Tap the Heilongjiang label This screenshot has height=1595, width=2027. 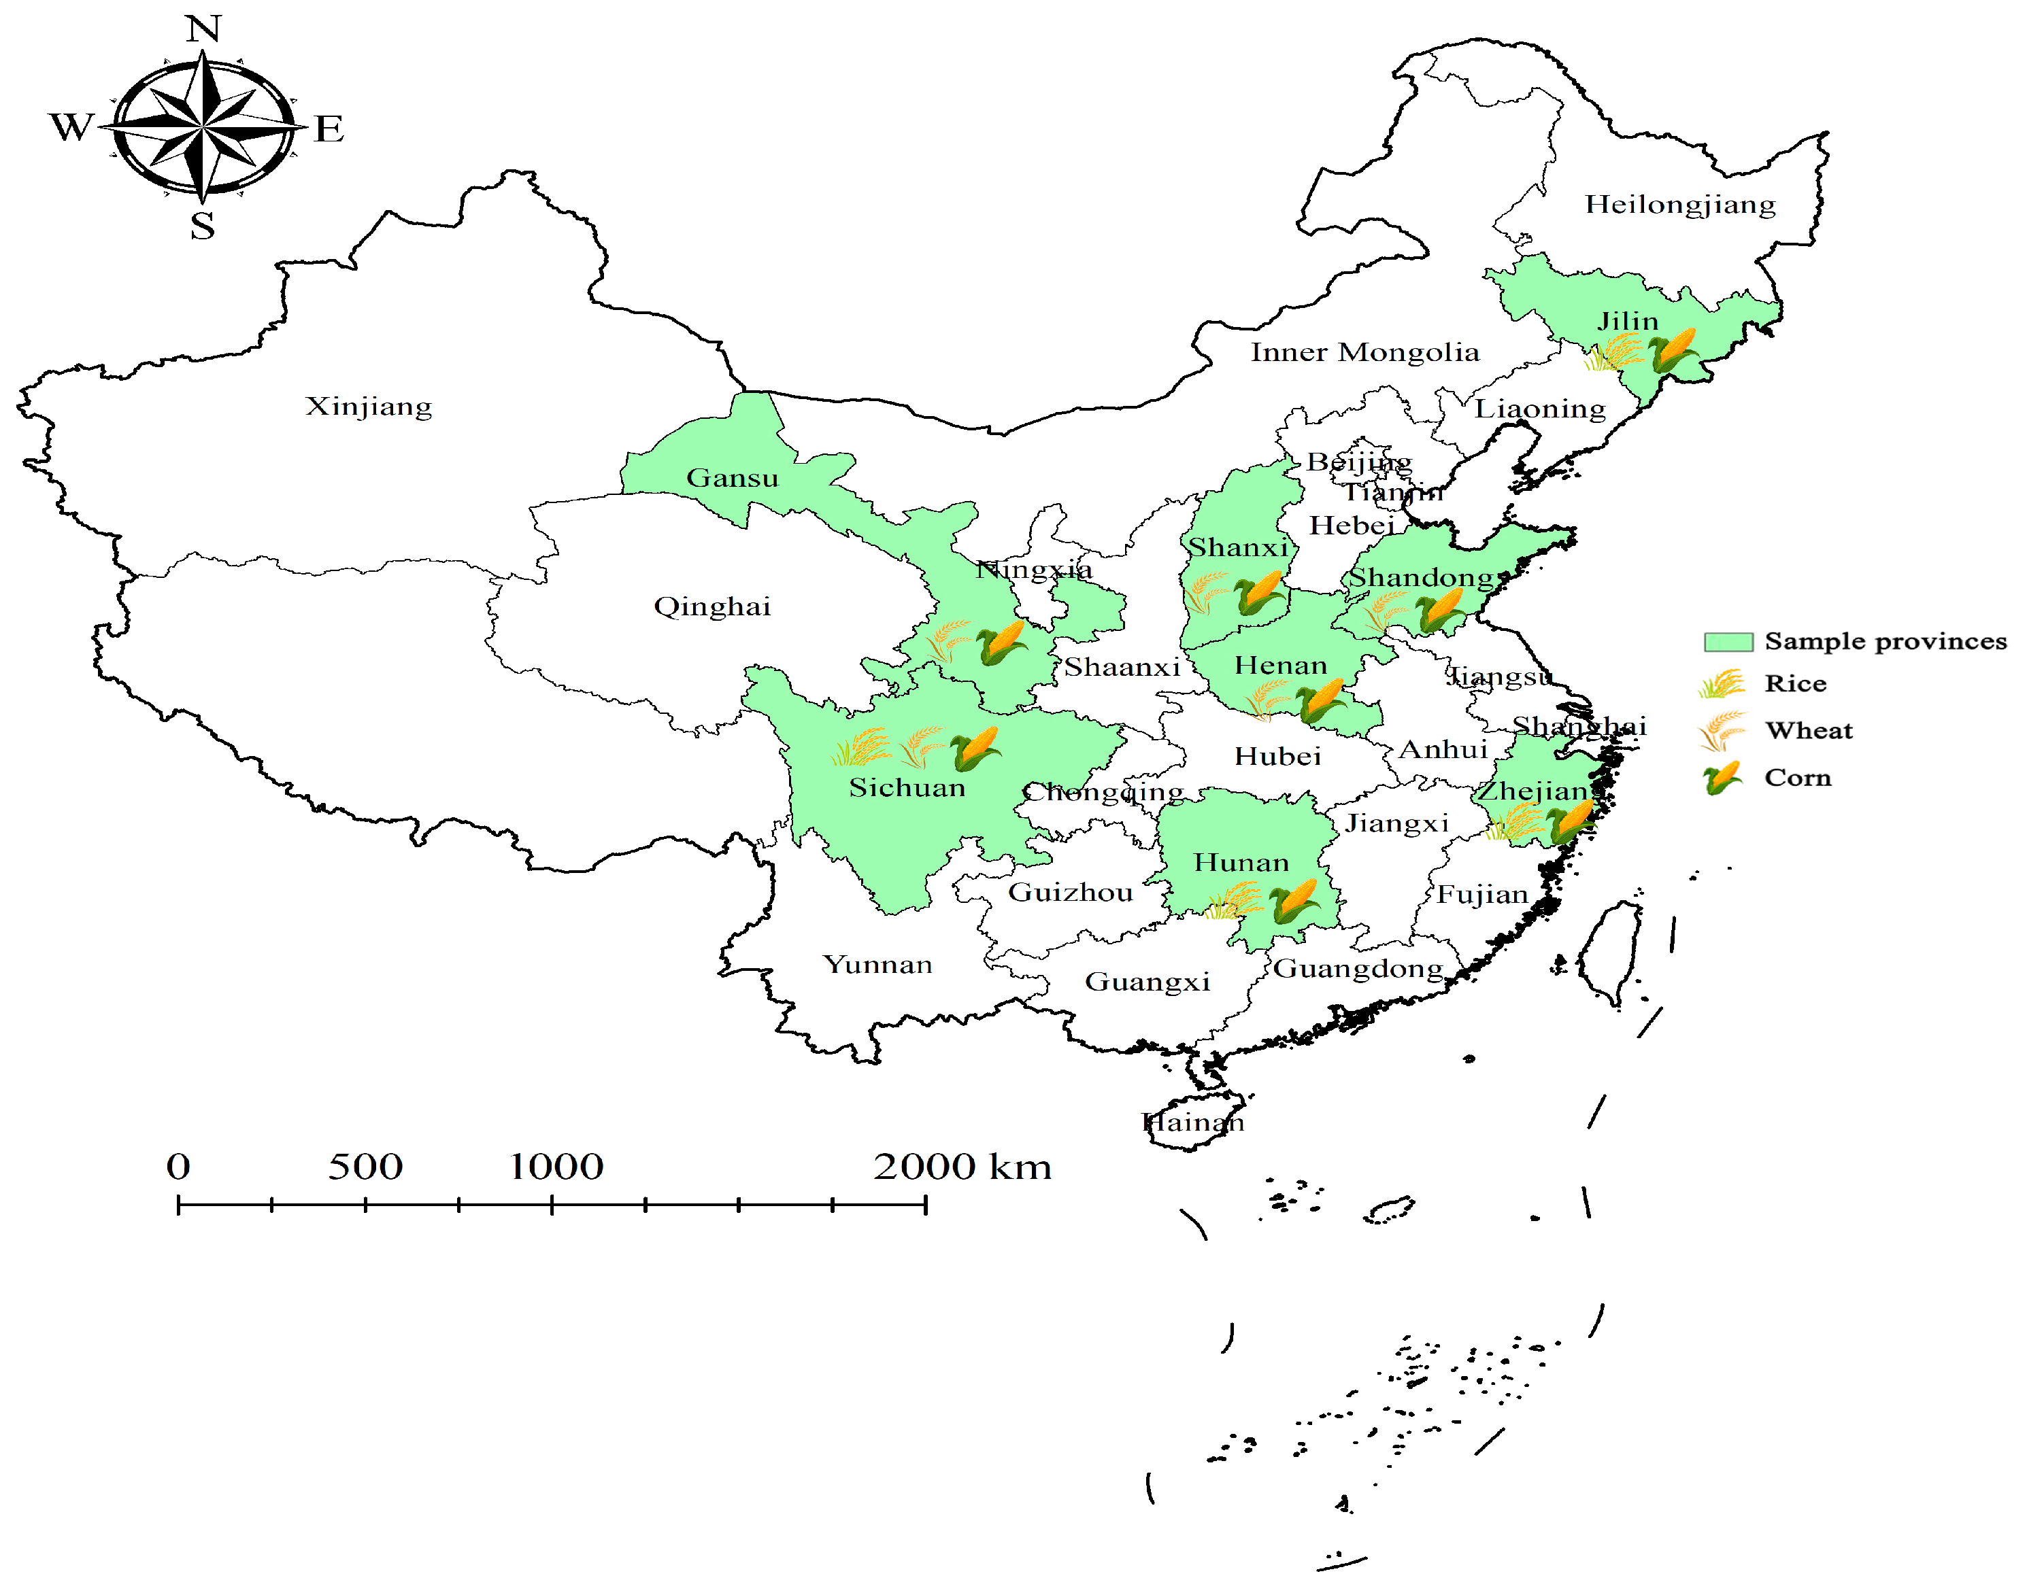(x=1679, y=205)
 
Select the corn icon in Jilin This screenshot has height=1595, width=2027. (x=1671, y=351)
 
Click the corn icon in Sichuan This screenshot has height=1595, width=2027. (x=975, y=748)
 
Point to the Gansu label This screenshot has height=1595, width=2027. (x=733, y=478)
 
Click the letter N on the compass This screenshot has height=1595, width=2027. (x=203, y=29)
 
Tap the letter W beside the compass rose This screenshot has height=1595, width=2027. (x=71, y=127)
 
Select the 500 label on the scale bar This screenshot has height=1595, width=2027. (x=365, y=1167)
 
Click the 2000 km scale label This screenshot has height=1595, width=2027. (x=962, y=1167)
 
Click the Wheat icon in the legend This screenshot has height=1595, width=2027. (x=1721, y=730)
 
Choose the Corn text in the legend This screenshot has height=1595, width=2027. (x=1797, y=778)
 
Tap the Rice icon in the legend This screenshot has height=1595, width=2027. (x=1721, y=683)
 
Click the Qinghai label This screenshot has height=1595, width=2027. (x=711, y=607)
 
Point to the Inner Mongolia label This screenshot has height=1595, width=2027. (x=1364, y=353)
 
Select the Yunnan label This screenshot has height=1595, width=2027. (x=877, y=965)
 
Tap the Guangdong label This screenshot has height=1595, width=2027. (x=1358, y=970)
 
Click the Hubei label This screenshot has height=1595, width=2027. (x=1277, y=757)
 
